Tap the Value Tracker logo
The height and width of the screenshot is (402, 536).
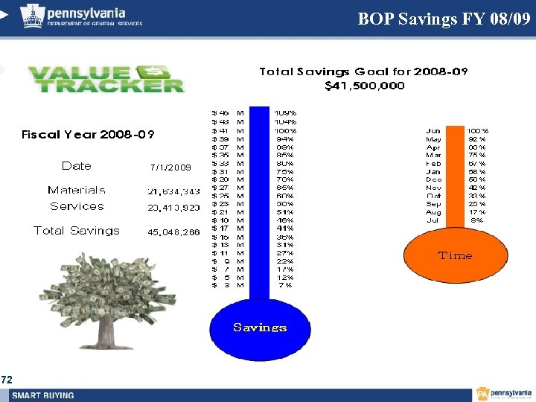coord(106,79)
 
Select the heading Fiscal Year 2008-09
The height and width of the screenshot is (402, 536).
coord(88,135)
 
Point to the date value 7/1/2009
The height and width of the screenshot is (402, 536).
coord(170,167)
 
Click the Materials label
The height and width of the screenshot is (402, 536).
coord(77,191)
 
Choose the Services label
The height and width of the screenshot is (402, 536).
coord(77,206)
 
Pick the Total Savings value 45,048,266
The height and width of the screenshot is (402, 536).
coord(173,232)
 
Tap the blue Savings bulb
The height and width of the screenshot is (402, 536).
coord(259,327)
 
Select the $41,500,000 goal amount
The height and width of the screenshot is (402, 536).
coord(365,86)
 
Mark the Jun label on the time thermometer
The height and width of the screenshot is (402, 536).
coord(433,131)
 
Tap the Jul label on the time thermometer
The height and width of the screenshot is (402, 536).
coord(433,220)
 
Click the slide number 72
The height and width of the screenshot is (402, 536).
coord(7,380)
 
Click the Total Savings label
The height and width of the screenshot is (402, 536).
coord(77,231)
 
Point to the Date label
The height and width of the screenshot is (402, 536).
coord(77,166)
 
